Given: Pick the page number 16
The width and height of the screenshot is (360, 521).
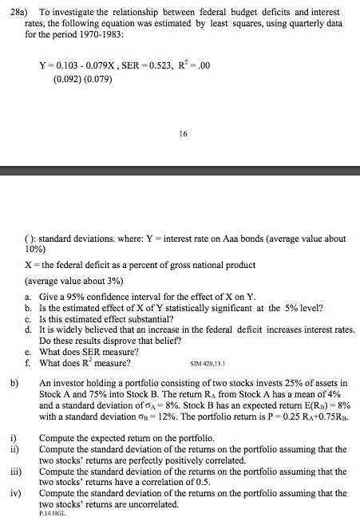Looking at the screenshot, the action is coord(184,136).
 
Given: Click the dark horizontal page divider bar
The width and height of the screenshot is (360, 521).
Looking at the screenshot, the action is coord(180,170).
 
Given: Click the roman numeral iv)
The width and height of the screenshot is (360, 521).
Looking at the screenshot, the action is coord(15,493).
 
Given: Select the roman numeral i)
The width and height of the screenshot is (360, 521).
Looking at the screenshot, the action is coord(13,439).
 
